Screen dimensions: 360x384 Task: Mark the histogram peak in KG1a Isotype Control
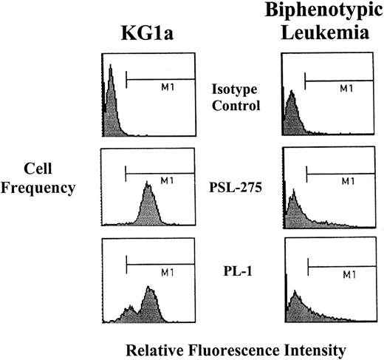pos(109,68)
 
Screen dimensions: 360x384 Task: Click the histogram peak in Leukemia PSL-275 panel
pos(292,194)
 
